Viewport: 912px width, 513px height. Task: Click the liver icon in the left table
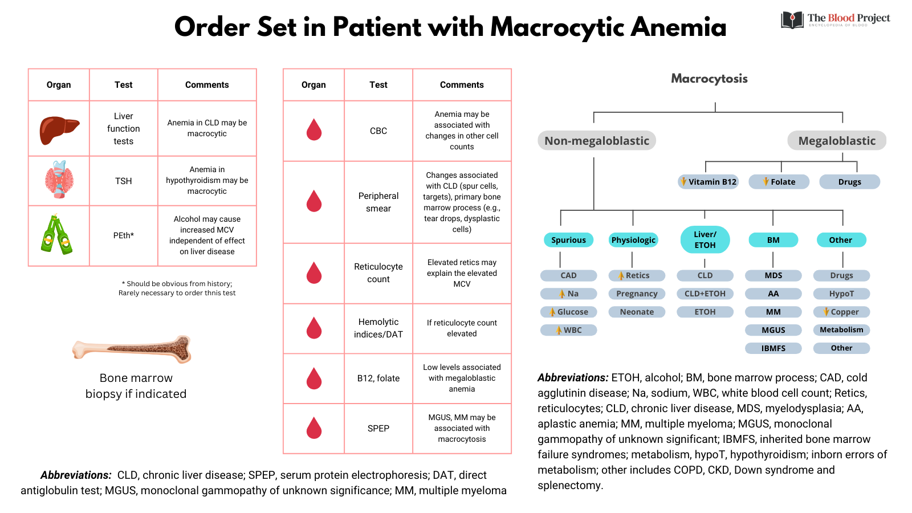pos(58,129)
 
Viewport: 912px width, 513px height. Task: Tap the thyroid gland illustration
pos(59,180)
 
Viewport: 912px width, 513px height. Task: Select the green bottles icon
pos(56,235)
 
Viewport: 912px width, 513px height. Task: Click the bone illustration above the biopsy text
pos(133,348)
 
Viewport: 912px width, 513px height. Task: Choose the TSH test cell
pos(123,181)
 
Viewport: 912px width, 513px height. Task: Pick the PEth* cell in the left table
pos(123,235)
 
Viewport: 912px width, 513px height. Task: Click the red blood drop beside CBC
pos(314,130)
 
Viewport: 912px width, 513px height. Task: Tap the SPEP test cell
pos(378,428)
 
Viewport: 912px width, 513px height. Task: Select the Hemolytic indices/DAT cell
pos(378,328)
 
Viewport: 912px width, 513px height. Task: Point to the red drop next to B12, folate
pos(314,378)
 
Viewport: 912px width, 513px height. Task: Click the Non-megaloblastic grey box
pos(596,141)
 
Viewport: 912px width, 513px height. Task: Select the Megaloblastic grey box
pos(836,141)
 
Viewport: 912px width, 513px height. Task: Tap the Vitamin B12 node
pos(708,182)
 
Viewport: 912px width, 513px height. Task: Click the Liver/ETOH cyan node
pos(705,239)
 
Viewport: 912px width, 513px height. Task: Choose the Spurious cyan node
pos(568,240)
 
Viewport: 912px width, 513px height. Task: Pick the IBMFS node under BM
pos(773,348)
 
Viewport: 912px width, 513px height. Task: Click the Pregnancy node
pos(637,294)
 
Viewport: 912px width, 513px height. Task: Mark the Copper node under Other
pos(841,312)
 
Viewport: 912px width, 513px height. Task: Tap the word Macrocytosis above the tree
pos(709,79)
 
